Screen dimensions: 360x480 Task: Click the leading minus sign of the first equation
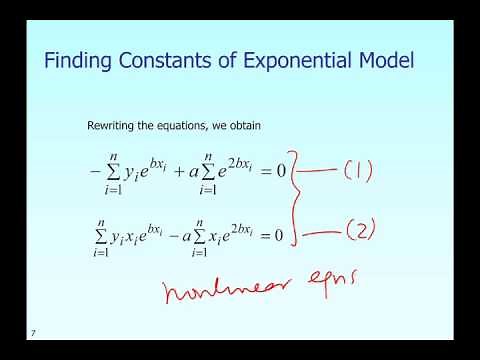[x=95, y=169]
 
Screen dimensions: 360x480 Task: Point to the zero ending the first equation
[x=281, y=170]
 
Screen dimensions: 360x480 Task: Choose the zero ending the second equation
[x=281, y=236]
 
